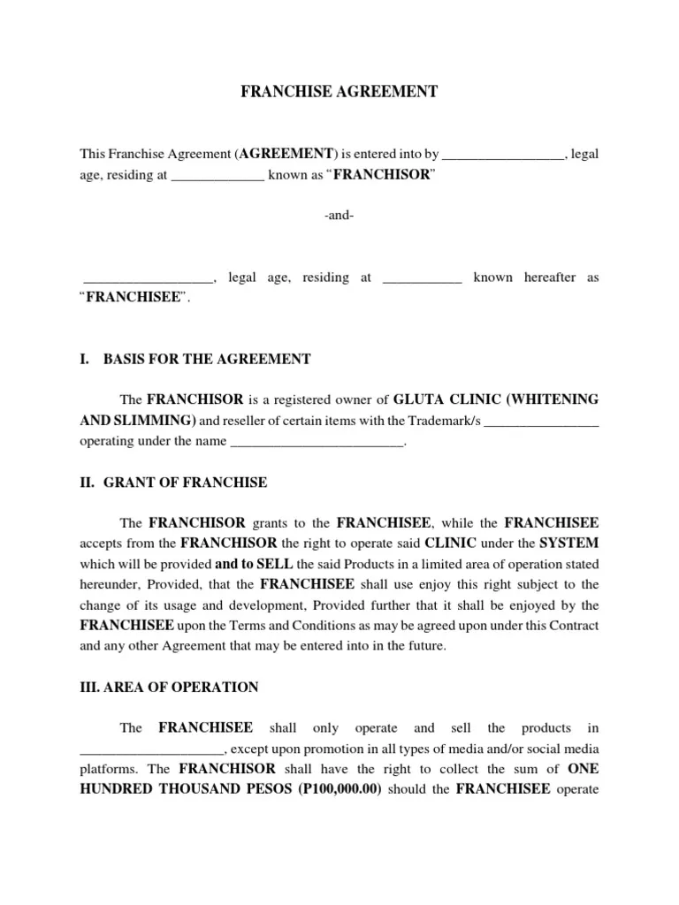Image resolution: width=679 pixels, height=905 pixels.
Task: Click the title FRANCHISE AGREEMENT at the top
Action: [x=339, y=92]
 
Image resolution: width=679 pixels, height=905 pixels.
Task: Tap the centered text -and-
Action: [x=339, y=216]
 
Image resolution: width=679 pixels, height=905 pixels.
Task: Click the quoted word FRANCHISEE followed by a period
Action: [x=134, y=299]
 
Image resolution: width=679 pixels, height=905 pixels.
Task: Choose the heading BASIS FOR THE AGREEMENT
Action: [x=207, y=359]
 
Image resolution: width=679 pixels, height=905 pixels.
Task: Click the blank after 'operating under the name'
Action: [x=316, y=443]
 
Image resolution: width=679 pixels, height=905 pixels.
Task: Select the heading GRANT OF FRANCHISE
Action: [x=185, y=483]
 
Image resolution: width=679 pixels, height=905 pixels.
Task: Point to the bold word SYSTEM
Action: [x=569, y=543]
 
